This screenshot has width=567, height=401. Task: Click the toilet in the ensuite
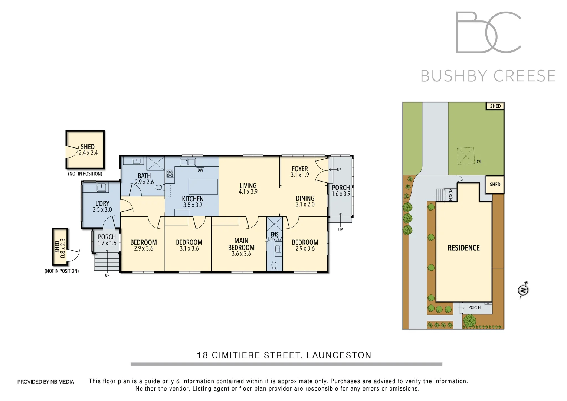pyautogui.click(x=274, y=265)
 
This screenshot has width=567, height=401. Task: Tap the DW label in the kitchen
pyautogui.click(x=200, y=170)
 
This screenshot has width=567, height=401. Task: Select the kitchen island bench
pyautogui.click(x=203, y=186)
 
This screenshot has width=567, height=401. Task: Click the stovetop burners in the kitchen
pyautogui.click(x=170, y=174)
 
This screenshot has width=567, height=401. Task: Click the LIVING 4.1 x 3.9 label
pyautogui.click(x=248, y=189)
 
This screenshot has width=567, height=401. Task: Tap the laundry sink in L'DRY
pyautogui.click(x=101, y=188)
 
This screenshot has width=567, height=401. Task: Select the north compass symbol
pyautogui.click(x=523, y=290)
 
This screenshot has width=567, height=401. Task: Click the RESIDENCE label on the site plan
pyautogui.click(x=463, y=248)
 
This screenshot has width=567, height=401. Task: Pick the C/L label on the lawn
pyautogui.click(x=479, y=162)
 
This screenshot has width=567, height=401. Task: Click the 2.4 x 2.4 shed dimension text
pyautogui.click(x=88, y=153)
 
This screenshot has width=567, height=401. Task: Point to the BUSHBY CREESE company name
pyautogui.click(x=488, y=76)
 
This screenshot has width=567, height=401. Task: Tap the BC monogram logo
pyautogui.click(x=488, y=32)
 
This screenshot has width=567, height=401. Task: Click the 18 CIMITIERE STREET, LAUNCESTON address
pyautogui.click(x=284, y=355)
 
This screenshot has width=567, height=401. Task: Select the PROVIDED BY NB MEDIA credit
pyautogui.click(x=46, y=382)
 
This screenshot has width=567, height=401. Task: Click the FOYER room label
pyautogui.click(x=300, y=169)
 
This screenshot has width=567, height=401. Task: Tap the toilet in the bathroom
pyautogui.click(x=159, y=188)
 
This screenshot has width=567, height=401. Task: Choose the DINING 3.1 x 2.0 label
pyautogui.click(x=305, y=201)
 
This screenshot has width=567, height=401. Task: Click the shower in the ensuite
pyautogui.click(x=275, y=224)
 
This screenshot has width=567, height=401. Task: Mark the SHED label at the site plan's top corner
pyautogui.click(x=495, y=106)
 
